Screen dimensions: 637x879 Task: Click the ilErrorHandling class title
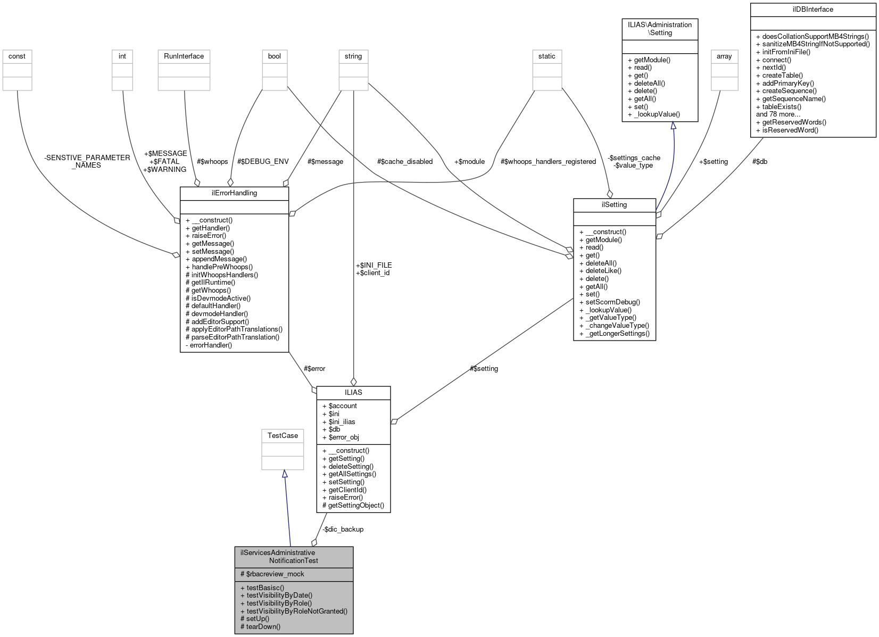click(x=234, y=193)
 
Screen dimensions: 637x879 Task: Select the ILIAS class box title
click(x=353, y=393)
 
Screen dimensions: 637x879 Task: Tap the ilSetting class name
click(x=614, y=205)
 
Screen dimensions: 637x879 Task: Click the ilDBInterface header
click(x=812, y=10)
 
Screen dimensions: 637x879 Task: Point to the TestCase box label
click(x=283, y=436)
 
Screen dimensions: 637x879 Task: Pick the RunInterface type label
click(x=184, y=56)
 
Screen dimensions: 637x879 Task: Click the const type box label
click(x=17, y=56)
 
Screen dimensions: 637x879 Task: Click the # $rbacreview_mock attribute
click(x=272, y=574)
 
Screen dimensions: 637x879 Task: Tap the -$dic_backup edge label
click(x=343, y=530)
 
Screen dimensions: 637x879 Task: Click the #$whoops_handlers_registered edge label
click(x=548, y=162)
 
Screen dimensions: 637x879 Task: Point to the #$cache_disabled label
click(x=404, y=162)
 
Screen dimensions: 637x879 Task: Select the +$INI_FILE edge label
click(x=374, y=265)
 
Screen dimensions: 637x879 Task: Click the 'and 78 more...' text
click(x=778, y=114)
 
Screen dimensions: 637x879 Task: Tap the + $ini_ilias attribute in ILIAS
click(x=342, y=422)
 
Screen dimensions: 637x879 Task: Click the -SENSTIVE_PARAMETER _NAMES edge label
click(x=87, y=161)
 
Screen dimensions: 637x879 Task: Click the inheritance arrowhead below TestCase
click(x=285, y=474)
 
